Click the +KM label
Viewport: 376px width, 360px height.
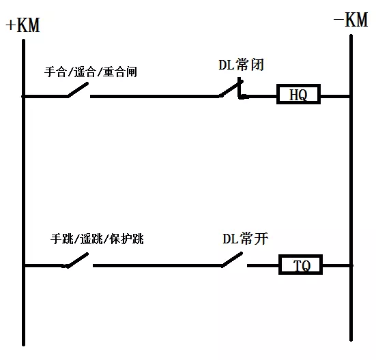[23, 25]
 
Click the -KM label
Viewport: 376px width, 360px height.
[351, 20]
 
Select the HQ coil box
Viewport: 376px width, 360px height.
[298, 94]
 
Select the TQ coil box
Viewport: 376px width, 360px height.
[300, 265]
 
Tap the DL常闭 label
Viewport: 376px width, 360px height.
[242, 65]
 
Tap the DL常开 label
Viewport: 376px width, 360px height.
[245, 239]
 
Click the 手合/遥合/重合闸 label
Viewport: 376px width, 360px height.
[91, 72]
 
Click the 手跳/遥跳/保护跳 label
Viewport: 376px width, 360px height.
[97, 239]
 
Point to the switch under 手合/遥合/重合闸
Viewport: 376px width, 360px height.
[78, 90]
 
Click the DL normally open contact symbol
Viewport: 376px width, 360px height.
[232, 259]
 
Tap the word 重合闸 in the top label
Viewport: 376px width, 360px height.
[120, 72]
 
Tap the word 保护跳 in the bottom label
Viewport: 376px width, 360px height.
[127, 239]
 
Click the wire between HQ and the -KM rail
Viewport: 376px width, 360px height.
[335, 97]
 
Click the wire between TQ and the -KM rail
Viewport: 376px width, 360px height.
[336, 266]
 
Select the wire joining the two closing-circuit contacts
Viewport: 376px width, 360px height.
[155, 97]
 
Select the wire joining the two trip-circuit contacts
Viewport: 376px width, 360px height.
[158, 266]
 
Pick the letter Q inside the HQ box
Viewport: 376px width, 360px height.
[303, 95]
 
